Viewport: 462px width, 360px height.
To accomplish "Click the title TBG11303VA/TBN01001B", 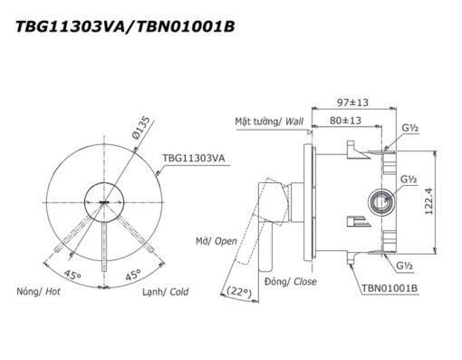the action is coord(125,26).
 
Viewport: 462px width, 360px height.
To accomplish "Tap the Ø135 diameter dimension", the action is coord(140,128).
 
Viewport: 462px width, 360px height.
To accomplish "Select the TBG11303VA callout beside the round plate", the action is coord(194,158).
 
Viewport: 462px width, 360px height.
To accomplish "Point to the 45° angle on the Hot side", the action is coord(72,275).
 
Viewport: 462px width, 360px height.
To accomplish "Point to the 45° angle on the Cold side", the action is coord(133,275).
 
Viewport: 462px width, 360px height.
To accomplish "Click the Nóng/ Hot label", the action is coord(38,292).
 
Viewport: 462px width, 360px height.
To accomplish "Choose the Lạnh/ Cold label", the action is coord(166,292).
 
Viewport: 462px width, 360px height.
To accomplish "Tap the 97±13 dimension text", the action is coord(352,102).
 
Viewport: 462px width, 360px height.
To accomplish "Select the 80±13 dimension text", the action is coord(345,121).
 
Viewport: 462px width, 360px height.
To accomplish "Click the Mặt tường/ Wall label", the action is coord(269,122).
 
